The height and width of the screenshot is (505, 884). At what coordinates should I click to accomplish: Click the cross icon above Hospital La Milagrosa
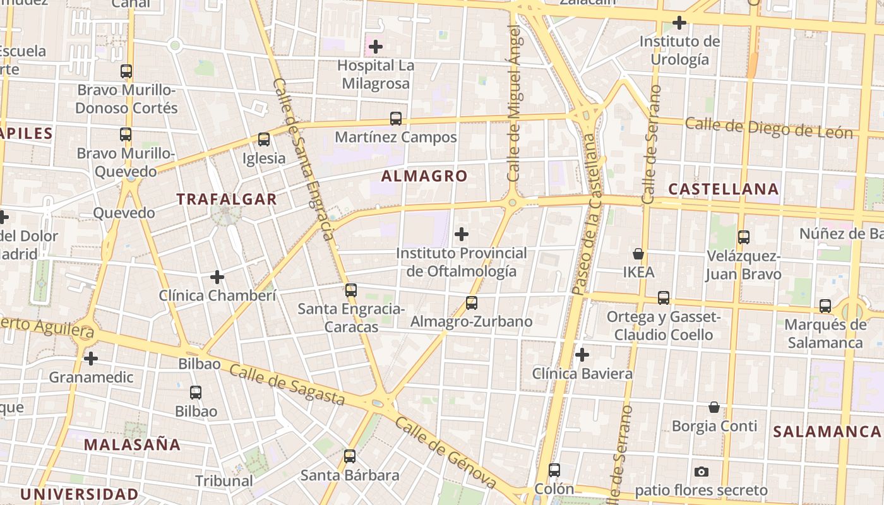click(376, 47)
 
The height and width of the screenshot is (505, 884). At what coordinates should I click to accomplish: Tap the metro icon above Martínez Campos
click(396, 119)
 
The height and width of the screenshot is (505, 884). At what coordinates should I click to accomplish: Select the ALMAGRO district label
click(424, 176)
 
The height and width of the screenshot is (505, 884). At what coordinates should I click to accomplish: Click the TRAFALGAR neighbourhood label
click(227, 199)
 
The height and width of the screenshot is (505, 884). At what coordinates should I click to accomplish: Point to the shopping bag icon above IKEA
click(638, 254)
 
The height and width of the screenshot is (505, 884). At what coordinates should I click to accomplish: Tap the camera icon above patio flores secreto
click(701, 472)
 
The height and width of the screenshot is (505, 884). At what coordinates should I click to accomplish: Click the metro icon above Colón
click(554, 470)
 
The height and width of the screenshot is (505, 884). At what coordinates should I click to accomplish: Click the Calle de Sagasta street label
click(287, 384)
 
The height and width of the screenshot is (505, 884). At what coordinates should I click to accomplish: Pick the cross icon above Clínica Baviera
click(582, 355)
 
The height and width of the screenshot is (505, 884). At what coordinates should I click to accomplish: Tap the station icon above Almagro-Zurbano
click(472, 303)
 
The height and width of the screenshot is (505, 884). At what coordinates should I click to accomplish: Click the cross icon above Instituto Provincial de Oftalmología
click(462, 234)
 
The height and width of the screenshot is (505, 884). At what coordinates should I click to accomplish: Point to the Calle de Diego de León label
click(768, 128)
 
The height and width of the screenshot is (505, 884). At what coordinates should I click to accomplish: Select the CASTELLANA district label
click(724, 189)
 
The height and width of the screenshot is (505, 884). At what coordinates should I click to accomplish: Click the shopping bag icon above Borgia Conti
click(714, 407)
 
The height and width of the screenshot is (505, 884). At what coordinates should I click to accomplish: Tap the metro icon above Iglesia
click(264, 140)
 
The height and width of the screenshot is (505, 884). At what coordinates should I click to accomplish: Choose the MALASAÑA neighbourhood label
click(132, 444)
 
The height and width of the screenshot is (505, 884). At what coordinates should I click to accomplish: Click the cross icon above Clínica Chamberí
click(217, 276)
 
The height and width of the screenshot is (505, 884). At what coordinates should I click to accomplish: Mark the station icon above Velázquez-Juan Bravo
click(744, 237)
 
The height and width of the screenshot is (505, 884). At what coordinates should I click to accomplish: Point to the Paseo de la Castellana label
click(586, 215)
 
